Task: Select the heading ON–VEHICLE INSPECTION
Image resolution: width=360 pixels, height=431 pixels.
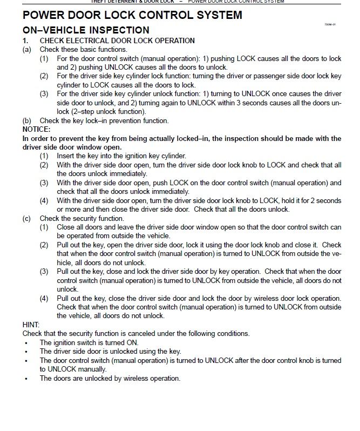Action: [x=86, y=30]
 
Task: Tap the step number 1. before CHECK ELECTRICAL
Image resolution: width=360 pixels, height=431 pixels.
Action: [x=25, y=41]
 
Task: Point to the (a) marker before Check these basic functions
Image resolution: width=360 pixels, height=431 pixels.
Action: [x=26, y=49]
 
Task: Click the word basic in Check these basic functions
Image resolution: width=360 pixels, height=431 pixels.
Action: [x=90, y=49]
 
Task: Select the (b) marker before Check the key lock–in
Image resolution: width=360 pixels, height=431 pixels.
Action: [x=26, y=120]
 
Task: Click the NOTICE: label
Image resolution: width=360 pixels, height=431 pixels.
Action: [x=36, y=130]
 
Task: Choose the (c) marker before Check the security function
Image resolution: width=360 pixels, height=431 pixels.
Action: [x=26, y=218]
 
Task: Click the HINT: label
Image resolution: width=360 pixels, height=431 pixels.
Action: [x=31, y=325]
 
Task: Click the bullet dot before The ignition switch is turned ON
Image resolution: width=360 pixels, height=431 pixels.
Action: [x=26, y=342]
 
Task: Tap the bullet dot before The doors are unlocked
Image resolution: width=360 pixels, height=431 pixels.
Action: [x=26, y=378]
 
